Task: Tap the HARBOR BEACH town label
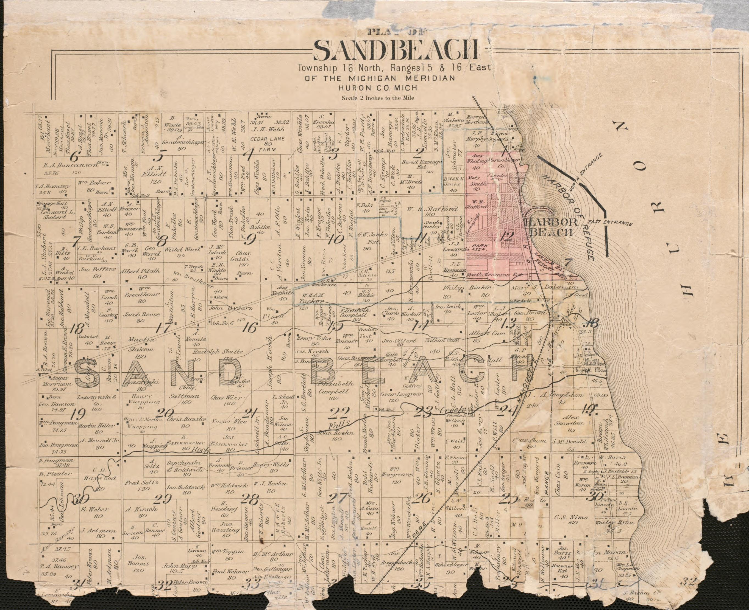(551, 227)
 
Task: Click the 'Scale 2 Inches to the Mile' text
(378, 98)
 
